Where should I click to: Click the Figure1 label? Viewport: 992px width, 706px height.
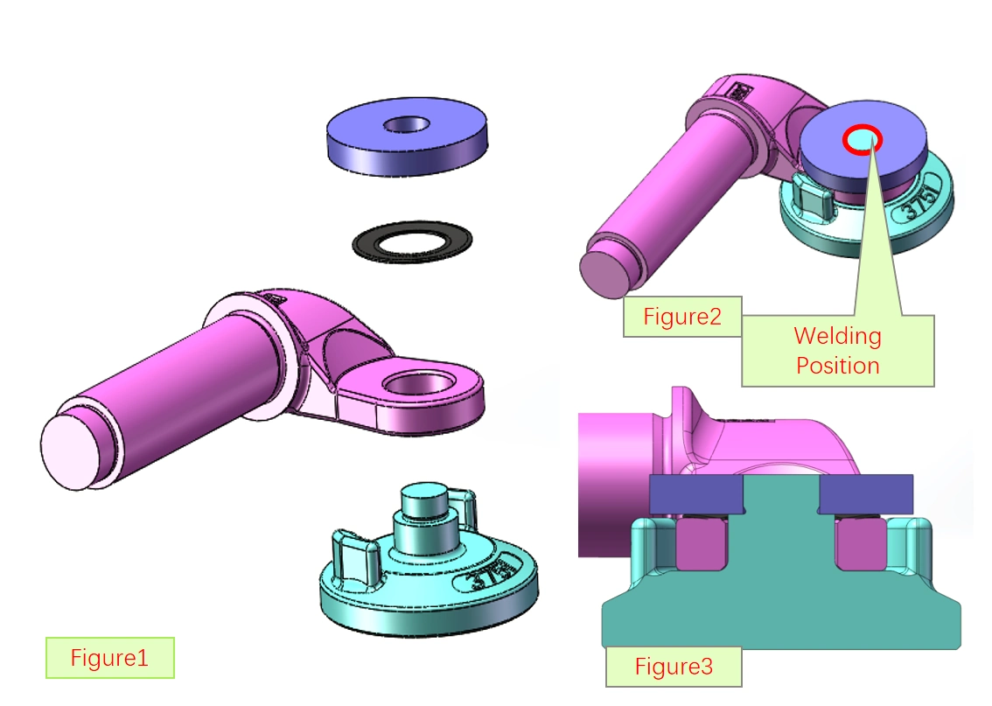point(109,658)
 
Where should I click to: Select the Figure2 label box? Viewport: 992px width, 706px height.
point(682,317)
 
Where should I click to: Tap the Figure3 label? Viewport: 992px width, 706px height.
point(674,668)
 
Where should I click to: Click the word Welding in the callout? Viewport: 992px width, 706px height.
point(837,336)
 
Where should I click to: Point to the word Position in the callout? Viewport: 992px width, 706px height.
point(837,365)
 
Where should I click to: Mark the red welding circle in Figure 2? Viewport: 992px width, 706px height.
point(863,138)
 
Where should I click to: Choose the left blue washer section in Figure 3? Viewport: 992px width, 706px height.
point(695,494)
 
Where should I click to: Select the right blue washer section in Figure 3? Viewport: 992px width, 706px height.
point(866,494)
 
